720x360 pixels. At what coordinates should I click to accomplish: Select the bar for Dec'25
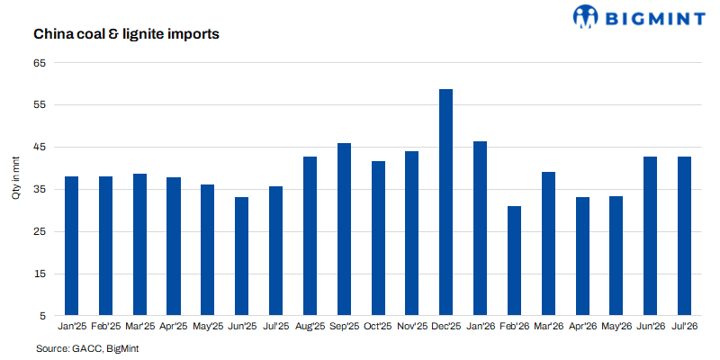[445, 202]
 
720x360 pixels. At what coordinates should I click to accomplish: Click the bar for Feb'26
[514, 261]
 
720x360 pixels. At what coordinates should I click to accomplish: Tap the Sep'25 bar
[344, 229]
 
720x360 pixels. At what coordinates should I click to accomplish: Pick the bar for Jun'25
[241, 256]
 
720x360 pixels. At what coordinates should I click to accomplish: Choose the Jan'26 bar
[480, 229]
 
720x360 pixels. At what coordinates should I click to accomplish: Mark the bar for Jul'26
[684, 237]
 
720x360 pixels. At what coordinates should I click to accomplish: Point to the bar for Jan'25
[72, 246]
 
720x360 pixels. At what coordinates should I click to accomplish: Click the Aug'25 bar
[310, 237]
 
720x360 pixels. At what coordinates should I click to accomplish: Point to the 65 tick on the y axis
[40, 62]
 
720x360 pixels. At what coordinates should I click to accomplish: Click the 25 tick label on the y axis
[40, 232]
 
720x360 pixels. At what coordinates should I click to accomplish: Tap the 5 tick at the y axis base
[43, 317]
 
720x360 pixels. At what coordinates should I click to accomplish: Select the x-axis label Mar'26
[548, 326]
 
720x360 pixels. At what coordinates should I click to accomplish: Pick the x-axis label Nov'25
[412, 326]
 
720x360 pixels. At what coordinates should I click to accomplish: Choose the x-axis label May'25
[208, 326]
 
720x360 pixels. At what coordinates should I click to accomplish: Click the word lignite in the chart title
[149, 34]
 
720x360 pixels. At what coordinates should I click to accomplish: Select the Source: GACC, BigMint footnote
[87, 349]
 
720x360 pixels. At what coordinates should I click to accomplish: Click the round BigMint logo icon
[586, 16]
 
